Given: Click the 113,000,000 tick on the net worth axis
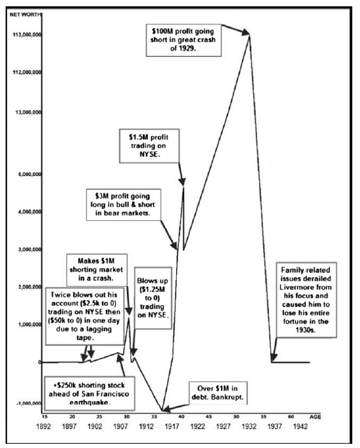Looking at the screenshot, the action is pyautogui.click(x=27, y=35).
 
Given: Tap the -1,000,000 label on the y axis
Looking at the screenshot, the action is pyautogui.click(x=29, y=403).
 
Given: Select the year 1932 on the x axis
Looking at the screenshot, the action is pyautogui.click(x=249, y=426).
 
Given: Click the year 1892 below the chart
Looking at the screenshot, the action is pyautogui.click(x=44, y=426).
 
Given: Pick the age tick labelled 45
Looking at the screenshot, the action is pyautogui.click(x=209, y=417).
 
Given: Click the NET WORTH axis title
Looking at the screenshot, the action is pyautogui.click(x=25, y=15).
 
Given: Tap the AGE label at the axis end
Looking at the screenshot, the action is pyautogui.click(x=315, y=417).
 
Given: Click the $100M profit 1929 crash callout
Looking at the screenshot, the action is pyautogui.click(x=184, y=40).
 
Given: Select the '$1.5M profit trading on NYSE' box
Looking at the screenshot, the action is pyautogui.click(x=149, y=146).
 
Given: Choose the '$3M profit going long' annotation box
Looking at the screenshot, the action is pyautogui.click(x=124, y=205).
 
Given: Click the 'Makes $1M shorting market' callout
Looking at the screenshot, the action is pyautogui.click(x=97, y=270).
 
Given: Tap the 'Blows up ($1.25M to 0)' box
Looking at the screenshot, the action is pyautogui.click(x=153, y=298).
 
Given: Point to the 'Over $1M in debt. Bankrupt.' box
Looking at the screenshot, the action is pyautogui.click(x=218, y=393).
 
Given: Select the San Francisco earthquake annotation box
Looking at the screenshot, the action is pyautogui.click(x=90, y=394).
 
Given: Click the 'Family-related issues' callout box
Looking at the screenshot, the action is pyautogui.click(x=306, y=300).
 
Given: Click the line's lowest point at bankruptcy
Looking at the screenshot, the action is pyautogui.click(x=162, y=411).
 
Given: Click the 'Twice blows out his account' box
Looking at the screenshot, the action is pyautogui.click(x=85, y=315).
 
